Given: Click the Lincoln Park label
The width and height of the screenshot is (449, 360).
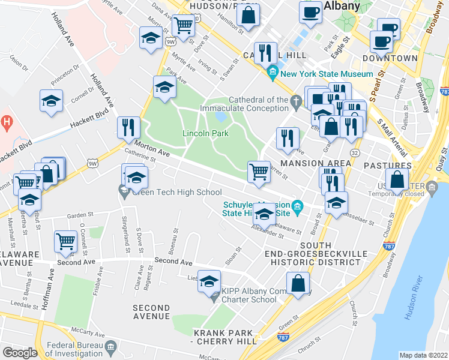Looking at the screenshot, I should coord(205,133).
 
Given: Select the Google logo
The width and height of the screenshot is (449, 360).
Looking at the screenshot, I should coord(20,353).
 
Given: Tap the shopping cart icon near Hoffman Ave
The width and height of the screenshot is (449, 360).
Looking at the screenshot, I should coord(65,241).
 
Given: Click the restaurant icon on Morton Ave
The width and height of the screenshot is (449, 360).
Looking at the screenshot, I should coord(128,127).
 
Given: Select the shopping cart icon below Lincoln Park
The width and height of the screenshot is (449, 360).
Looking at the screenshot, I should coord(259,170).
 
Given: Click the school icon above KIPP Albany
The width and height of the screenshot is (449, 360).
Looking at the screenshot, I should coord(209,280).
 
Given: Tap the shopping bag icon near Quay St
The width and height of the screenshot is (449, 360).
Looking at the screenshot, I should coord(397,179).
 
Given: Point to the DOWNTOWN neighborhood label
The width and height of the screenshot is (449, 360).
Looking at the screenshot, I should coord(390,58).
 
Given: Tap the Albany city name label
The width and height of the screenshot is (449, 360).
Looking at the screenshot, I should coord(342,7).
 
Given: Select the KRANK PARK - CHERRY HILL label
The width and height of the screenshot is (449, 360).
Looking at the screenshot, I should coord(221,337).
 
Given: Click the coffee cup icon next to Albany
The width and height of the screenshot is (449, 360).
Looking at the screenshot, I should coord(311,12).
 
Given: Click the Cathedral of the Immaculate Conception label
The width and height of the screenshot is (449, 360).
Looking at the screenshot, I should coord(258,104).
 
